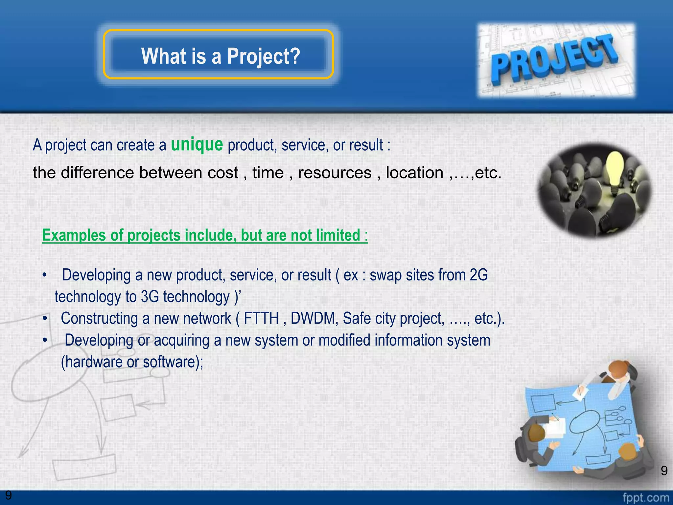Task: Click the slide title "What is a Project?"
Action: pyautogui.click(x=220, y=56)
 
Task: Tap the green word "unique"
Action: pyautogui.click(x=197, y=144)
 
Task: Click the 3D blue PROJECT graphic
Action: pyautogui.click(x=555, y=59)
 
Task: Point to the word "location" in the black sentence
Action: pyautogui.click(x=414, y=173)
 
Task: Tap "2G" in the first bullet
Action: pyautogui.click(x=479, y=275)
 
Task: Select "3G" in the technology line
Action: pyautogui.click(x=150, y=297)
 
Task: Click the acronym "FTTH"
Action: pyautogui.click(x=261, y=318)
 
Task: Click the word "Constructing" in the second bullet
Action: pyautogui.click(x=99, y=318)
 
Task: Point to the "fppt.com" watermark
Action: pyautogui.click(x=646, y=498)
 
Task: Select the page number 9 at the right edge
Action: pyautogui.click(x=664, y=471)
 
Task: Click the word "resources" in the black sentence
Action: pyautogui.click(x=335, y=173)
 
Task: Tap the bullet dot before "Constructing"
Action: pyautogui.click(x=45, y=319)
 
